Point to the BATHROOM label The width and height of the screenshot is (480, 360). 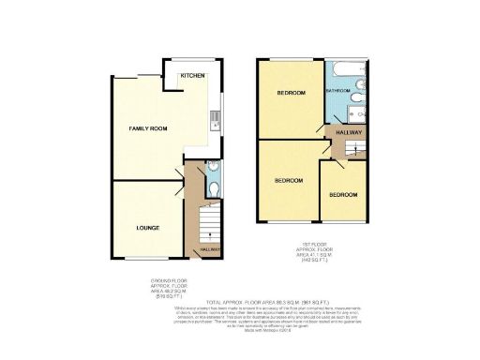(x=337, y=91)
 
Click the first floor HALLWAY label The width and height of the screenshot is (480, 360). (x=348, y=142)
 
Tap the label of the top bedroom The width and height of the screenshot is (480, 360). (x=291, y=93)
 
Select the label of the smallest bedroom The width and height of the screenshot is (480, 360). (x=342, y=195)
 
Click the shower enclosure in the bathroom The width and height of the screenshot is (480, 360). (x=355, y=112)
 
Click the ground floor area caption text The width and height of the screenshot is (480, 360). (x=166, y=287)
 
